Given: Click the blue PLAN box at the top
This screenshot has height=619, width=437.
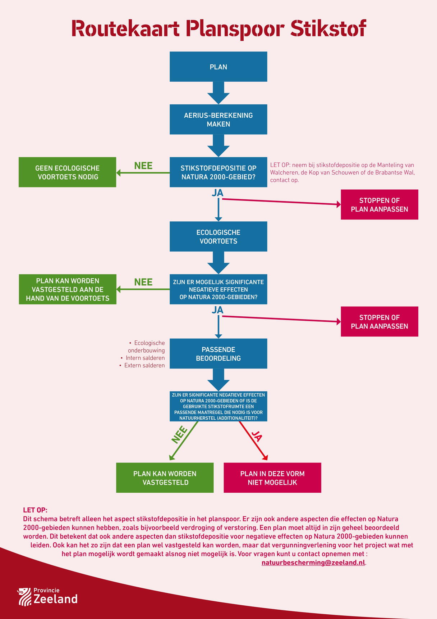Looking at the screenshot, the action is pos(218,67).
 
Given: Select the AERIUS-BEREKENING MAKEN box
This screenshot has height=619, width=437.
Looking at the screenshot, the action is pos(218,119).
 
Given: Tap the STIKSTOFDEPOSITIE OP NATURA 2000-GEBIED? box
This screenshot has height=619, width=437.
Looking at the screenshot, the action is pos(218,172).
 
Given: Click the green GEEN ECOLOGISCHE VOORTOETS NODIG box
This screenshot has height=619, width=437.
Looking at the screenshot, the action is pos(67,172).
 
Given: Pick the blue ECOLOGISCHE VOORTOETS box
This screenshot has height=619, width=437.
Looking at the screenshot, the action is pos(218,236).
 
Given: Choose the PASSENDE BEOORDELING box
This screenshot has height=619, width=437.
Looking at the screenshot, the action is pos(218,353).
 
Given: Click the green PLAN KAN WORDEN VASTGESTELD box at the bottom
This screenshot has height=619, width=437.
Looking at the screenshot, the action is pos(165,478).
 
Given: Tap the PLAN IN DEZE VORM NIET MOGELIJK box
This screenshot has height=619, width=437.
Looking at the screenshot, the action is pos(272,478).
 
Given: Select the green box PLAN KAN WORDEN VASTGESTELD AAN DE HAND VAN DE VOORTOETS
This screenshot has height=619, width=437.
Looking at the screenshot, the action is pos(68,289).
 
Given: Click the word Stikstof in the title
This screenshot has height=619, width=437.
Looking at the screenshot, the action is pos(328,28).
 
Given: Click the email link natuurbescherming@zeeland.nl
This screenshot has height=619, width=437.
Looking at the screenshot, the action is pos(313,562).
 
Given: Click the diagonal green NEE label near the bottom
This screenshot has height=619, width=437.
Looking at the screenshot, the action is pos(180,434).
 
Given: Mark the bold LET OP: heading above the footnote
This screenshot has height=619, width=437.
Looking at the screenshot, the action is pos(35,510).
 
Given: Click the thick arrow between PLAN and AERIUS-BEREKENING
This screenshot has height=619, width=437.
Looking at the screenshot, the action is pos(218,93).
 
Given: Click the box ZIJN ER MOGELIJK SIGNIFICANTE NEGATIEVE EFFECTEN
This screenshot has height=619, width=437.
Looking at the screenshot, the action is pos(218,289).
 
